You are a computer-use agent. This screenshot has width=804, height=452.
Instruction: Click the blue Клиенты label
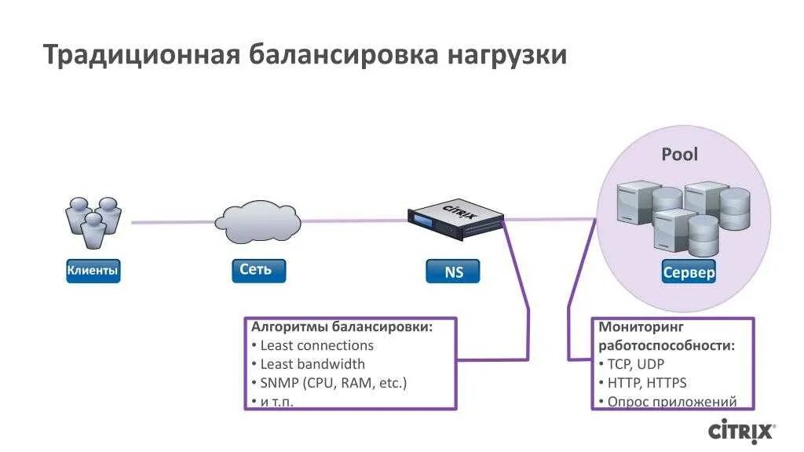click(x=93, y=272)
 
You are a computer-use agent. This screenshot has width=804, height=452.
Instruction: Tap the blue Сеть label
click(x=258, y=270)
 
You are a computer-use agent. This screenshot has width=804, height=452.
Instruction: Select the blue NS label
click(x=453, y=272)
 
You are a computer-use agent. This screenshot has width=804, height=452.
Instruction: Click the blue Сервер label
click(x=689, y=272)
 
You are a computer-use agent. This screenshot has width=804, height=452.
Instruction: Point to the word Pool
click(x=679, y=154)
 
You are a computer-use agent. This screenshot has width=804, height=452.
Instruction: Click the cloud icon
click(x=258, y=223)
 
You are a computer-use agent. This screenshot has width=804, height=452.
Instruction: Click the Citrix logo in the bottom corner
click(x=741, y=431)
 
